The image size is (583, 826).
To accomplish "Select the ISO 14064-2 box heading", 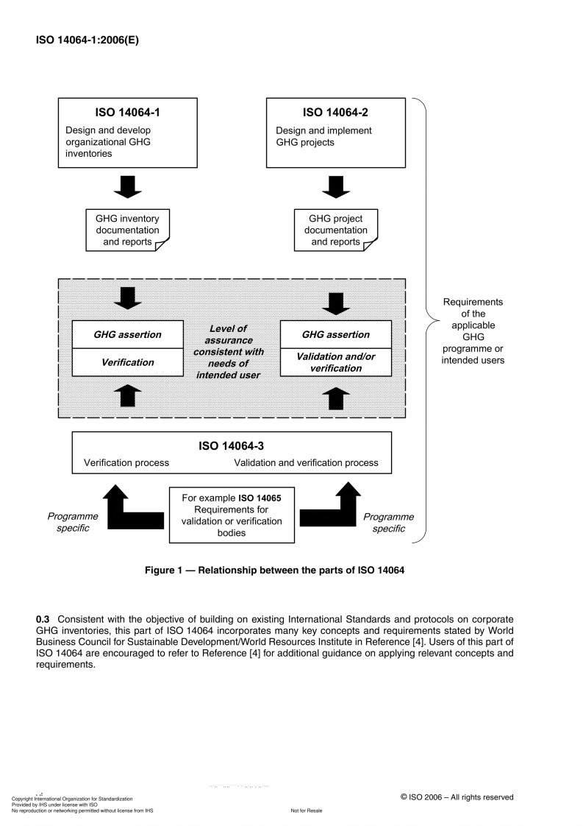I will coord(335,113).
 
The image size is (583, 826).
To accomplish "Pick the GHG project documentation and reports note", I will coord(335,230).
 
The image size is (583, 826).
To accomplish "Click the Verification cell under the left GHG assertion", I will coord(127,362).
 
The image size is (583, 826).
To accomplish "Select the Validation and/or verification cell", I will coord(335,362).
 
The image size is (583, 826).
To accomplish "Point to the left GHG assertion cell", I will coord(127,334).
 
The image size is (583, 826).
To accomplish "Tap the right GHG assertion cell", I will coord(335,334).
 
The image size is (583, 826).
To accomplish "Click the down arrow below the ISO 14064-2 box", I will coord(335,187).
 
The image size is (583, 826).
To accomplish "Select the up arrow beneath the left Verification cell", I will coord(127,395).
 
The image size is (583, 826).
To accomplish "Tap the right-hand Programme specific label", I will coord(388,522).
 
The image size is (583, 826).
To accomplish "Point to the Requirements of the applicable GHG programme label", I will coord(472,331).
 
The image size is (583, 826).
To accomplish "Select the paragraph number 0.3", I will coord(43,618).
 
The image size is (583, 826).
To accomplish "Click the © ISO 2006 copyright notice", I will coord(457,797).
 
